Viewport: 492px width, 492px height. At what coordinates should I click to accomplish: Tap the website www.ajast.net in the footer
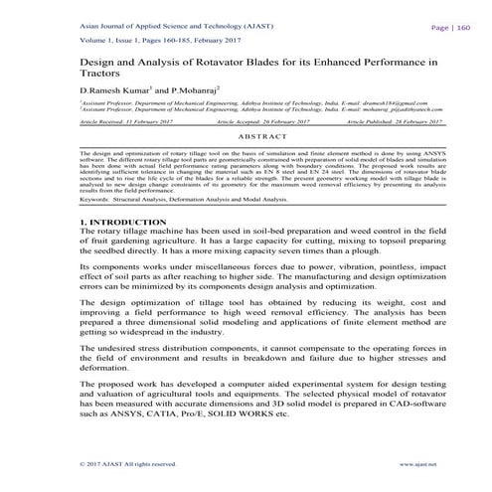click(x=418, y=465)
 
